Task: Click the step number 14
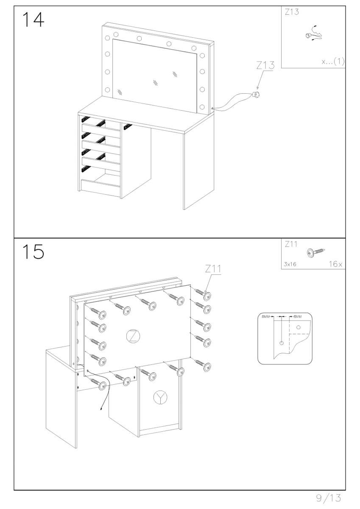click(x=33, y=20)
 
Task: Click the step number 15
click(x=33, y=252)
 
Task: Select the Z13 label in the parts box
click(x=292, y=12)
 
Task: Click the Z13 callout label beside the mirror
click(x=265, y=65)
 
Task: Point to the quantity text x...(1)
click(x=333, y=62)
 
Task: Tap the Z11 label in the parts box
click(x=291, y=244)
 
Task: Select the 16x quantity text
click(x=335, y=264)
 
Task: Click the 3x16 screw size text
click(x=290, y=264)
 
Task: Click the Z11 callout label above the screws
click(x=213, y=269)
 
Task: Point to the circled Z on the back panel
click(x=133, y=336)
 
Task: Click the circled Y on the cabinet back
click(x=160, y=397)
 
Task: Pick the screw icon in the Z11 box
click(x=316, y=252)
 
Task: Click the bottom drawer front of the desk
click(x=100, y=186)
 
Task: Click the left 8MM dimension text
click(x=266, y=316)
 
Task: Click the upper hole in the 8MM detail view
click(x=299, y=327)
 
